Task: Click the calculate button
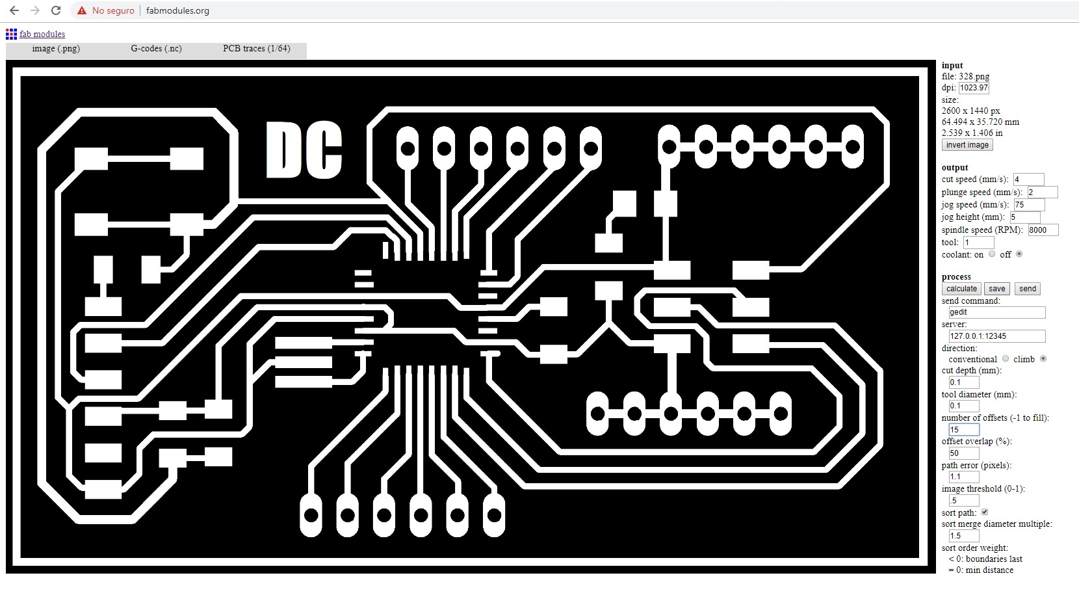[961, 289]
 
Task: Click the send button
[1027, 289]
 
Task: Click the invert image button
[967, 145]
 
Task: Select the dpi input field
[973, 88]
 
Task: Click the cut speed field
[1028, 179]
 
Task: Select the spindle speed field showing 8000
[1042, 230]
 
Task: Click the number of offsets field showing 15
[963, 430]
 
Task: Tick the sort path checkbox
[985, 512]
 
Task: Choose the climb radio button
[1043, 358]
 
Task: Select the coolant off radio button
[1019, 254]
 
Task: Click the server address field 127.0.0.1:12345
[997, 336]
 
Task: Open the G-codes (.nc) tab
[156, 49]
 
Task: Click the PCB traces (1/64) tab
[256, 49]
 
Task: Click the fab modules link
[42, 34]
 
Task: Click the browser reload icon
[56, 10]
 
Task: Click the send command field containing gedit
[997, 312]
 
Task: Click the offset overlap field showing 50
[963, 453]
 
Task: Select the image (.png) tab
[56, 49]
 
